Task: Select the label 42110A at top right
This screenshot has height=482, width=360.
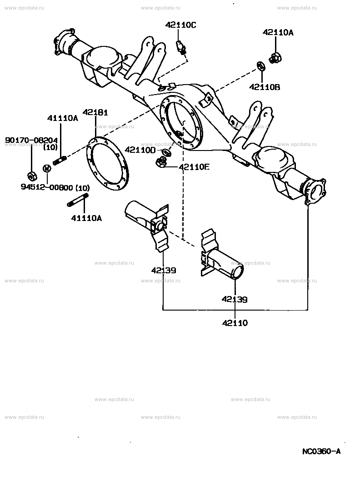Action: (278, 32)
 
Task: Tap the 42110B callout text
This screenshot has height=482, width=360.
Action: (264, 86)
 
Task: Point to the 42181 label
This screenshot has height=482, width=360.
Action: (95, 112)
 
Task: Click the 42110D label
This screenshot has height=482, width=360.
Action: (140, 150)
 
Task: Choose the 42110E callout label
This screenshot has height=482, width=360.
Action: (194, 167)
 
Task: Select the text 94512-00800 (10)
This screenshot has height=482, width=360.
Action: (55, 187)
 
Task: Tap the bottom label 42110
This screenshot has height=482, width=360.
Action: (235, 323)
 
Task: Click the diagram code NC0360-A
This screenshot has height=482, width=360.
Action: (321, 451)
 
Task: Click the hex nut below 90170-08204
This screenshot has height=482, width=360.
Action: (31, 176)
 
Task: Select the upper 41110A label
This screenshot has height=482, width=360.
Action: (63, 118)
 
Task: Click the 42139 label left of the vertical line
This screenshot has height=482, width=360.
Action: (164, 270)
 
